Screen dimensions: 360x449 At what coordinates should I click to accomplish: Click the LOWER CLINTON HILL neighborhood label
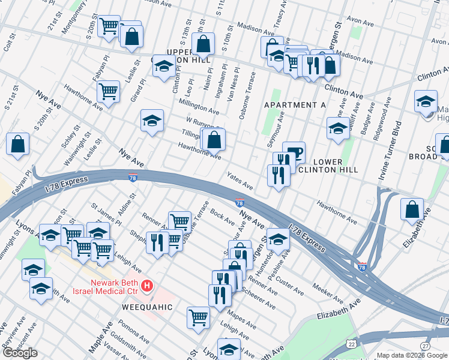(328, 166)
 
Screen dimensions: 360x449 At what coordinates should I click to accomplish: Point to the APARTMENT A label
(295, 105)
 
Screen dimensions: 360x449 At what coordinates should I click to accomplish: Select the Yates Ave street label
(239, 180)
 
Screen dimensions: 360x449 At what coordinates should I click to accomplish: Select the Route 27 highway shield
(425, 346)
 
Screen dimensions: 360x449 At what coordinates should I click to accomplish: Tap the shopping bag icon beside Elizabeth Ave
(412, 209)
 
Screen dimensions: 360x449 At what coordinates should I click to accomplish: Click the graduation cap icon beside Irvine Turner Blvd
(426, 101)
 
